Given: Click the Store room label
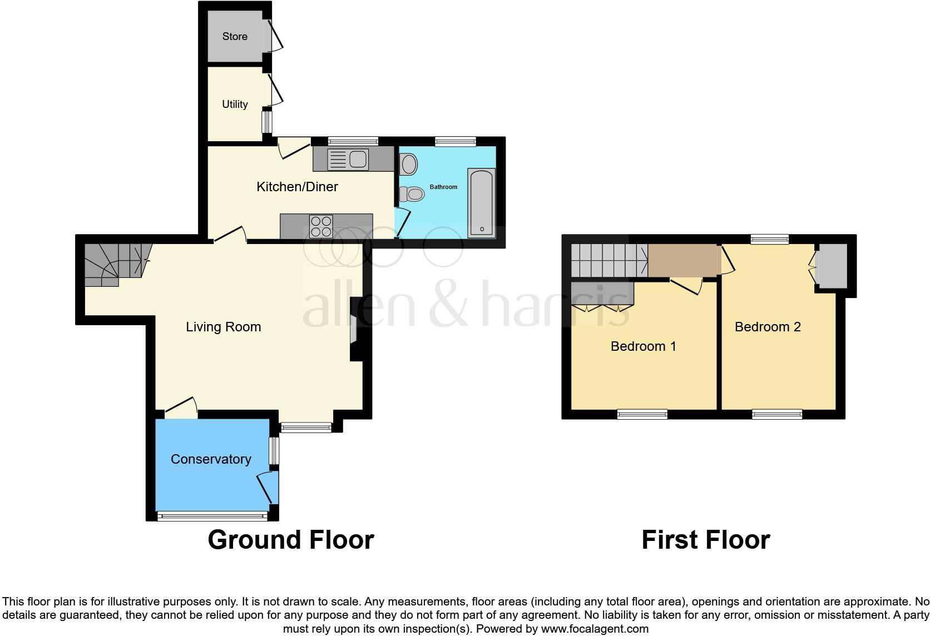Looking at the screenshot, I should pos(235,37).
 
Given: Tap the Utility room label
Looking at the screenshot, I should pos(235,105).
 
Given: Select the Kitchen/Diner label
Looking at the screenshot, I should pos(297,187).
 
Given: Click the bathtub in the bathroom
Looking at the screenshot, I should pos(481,203).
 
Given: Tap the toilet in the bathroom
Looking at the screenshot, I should pos(412,194).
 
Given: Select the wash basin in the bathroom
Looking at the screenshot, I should pos(409,165).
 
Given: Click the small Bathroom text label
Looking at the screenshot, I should pos(443,187).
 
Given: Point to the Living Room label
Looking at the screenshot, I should pos(223,327).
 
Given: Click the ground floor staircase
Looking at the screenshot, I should pos(115,264).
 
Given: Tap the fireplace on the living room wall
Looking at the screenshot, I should pos(354,330).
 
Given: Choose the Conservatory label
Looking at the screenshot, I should pos(211,459).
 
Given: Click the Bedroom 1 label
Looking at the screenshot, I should pos(643,346).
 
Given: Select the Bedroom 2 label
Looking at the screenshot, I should pos(768,327).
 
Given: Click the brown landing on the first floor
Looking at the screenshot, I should pos(683,260).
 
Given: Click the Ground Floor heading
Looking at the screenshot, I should pos(290,540).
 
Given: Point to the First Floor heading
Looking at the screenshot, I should pos(705,540).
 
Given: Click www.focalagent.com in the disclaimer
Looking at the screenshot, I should pos(595,629).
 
